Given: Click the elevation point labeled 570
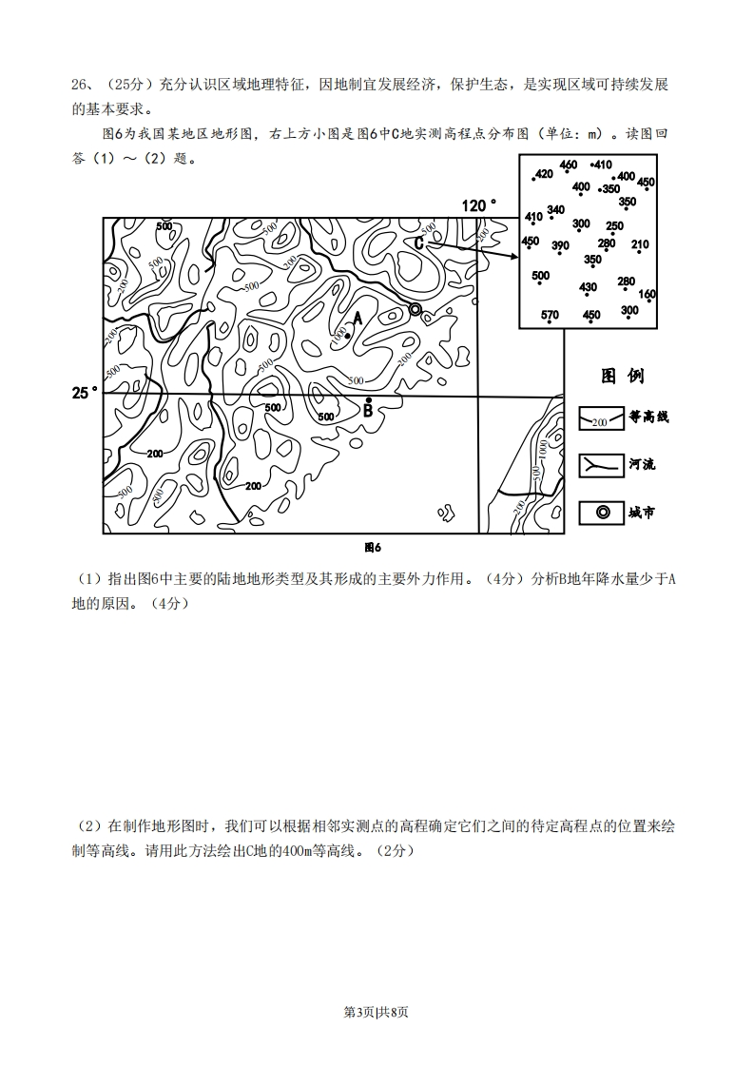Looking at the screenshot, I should (550, 315).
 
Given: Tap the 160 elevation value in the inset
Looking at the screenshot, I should (648, 295).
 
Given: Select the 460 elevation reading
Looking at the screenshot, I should (568, 165).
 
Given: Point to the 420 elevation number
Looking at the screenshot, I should (544, 174).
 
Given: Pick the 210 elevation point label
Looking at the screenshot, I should (639, 245).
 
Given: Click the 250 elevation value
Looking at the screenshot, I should (614, 226).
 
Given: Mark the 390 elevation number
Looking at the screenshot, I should (560, 246).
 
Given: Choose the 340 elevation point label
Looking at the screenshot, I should (556, 210).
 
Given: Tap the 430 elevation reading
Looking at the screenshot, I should (588, 287).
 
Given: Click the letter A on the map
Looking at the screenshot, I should (358, 318).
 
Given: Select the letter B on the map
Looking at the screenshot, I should (368, 411).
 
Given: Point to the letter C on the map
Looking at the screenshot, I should (418, 242).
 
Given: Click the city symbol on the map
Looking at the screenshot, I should (415, 309).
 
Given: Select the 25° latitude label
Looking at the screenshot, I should (84, 392).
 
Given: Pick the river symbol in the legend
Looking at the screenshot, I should (601, 465).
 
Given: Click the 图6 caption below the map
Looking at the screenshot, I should (372, 547).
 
